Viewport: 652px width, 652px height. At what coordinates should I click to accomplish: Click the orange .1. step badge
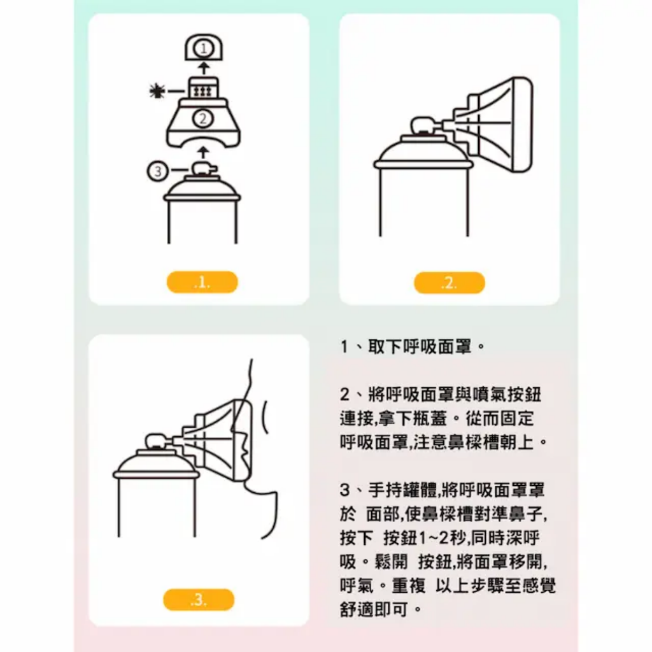(x=202, y=283)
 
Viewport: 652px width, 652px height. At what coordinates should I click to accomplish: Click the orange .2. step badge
(x=449, y=283)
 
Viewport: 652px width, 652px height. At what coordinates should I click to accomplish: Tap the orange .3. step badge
(x=199, y=600)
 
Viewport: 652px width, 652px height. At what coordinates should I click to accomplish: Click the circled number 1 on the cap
(x=202, y=48)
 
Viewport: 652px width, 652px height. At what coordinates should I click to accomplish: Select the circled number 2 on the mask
(x=202, y=118)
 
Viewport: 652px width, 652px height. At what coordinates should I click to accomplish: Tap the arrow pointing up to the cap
(x=202, y=67)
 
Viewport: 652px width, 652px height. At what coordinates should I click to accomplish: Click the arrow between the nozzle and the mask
(x=202, y=152)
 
